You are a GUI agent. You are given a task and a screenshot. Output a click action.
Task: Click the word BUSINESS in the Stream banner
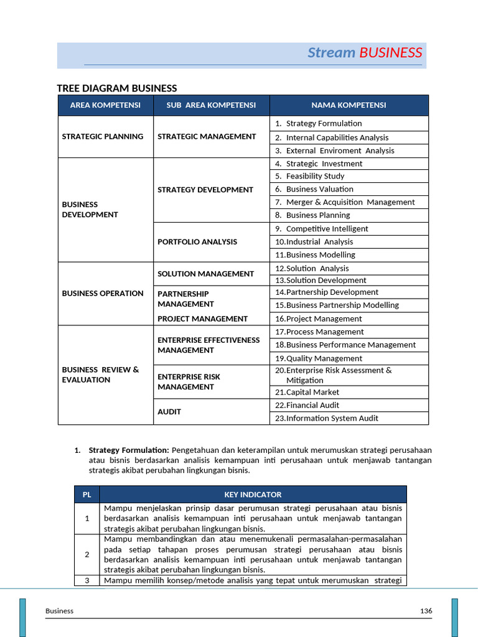tap(390, 53)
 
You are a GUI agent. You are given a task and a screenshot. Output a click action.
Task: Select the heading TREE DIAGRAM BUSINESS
tap(117, 88)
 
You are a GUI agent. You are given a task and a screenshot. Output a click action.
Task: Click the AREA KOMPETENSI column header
tap(105, 105)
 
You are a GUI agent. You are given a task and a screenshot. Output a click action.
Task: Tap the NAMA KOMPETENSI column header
tap(349, 105)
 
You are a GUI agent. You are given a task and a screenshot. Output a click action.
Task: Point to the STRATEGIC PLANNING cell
tap(103, 136)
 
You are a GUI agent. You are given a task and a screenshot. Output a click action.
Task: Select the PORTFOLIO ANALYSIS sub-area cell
tap(197, 241)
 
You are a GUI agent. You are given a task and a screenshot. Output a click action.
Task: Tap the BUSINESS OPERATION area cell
tap(103, 293)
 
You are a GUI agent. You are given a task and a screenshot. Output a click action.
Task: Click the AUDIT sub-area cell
tap(169, 412)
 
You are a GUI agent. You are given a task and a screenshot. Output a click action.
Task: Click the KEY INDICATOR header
tap(253, 495)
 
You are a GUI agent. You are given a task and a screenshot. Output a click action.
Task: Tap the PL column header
tap(87, 495)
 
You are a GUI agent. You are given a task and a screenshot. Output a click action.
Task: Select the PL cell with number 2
tap(87, 554)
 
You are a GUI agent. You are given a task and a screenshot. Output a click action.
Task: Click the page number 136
tap(426, 611)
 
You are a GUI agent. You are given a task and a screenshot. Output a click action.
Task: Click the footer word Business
tap(59, 611)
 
